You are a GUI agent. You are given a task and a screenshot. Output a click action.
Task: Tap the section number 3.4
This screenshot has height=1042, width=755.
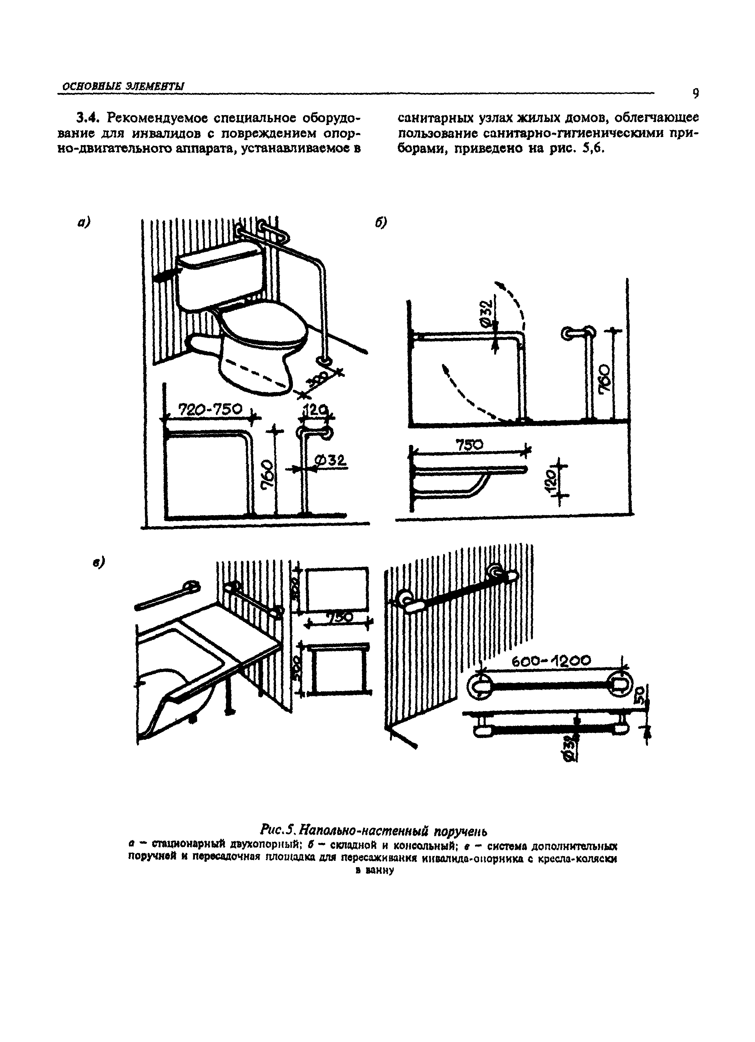pyautogui.click(x=87, y=118)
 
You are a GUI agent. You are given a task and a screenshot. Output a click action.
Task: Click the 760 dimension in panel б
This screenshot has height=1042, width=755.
pyautogui.click(x=605, y=378)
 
